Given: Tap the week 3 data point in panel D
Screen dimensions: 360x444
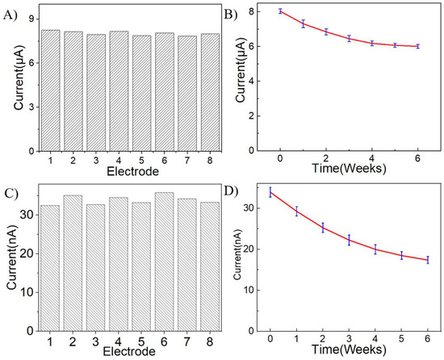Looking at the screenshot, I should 349,239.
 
